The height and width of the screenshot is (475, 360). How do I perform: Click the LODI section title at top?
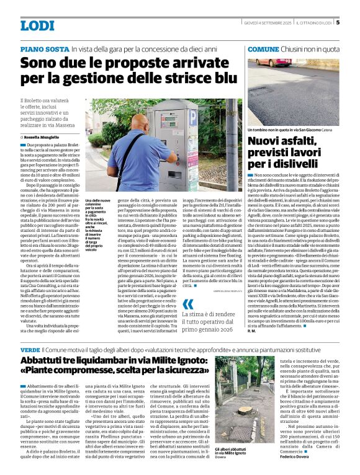coord(37,26)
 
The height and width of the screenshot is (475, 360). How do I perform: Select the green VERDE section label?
coord(30,349)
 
